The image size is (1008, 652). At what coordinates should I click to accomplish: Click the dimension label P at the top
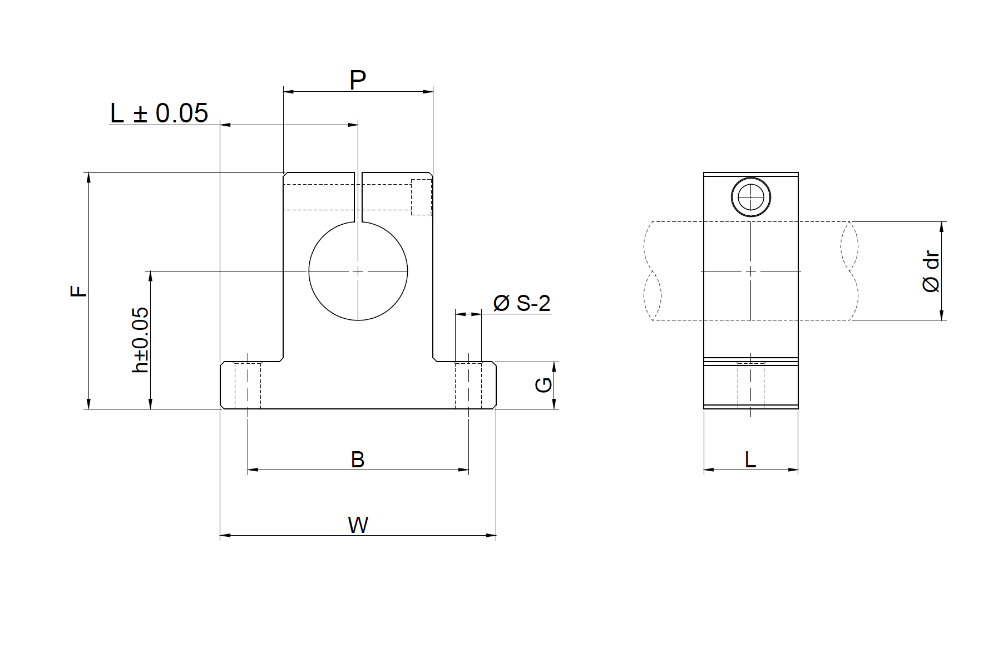coord(357,81)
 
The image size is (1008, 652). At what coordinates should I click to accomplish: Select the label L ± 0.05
coord(159,113)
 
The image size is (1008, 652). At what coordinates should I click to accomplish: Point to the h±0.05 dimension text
coord(141,339)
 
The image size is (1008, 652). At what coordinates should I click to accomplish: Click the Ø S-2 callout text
coord(521,303)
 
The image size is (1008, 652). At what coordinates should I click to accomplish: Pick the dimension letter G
coord(543,385)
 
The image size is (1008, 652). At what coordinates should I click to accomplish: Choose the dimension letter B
coord(358,460)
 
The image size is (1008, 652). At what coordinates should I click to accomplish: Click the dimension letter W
coord(358,525)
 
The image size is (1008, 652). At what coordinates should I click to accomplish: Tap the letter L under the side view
coord(750,460)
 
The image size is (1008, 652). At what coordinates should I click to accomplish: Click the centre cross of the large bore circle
coord(358,271)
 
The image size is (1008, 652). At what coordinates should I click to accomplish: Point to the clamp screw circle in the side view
coord(750,197)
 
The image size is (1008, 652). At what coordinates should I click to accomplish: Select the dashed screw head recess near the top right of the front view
coord(421,197)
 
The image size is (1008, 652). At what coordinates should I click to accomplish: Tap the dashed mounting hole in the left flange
coord(248,385)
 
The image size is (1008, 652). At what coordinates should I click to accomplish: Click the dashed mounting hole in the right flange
coord(468,385)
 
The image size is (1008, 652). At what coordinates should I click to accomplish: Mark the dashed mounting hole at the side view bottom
coord(751,385)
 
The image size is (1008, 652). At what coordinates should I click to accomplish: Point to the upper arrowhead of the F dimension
coord(88,176)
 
